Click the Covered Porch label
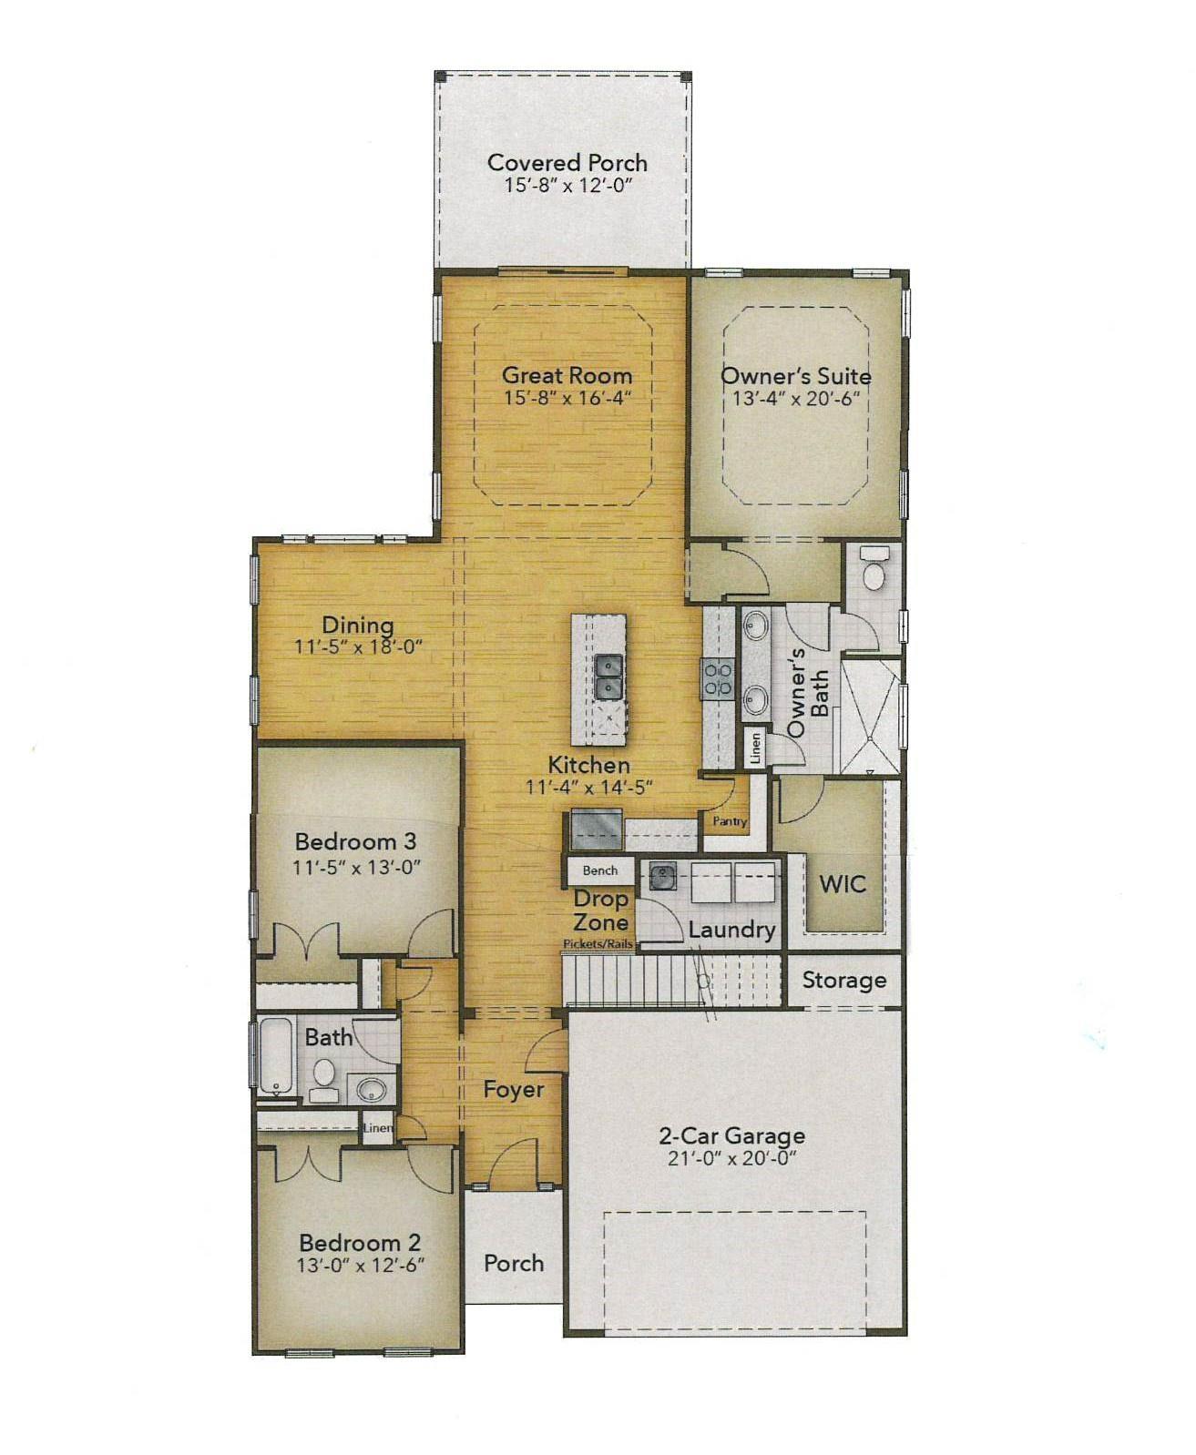567,163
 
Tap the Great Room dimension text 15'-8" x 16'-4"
567,399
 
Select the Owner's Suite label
796,376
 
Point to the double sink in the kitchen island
608,676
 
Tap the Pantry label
730,821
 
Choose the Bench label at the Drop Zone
599,870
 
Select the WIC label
843,884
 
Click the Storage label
844,981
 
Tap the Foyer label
514,1089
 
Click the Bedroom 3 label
355,841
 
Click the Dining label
358,625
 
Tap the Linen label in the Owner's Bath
756,748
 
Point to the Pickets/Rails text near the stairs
598,944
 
